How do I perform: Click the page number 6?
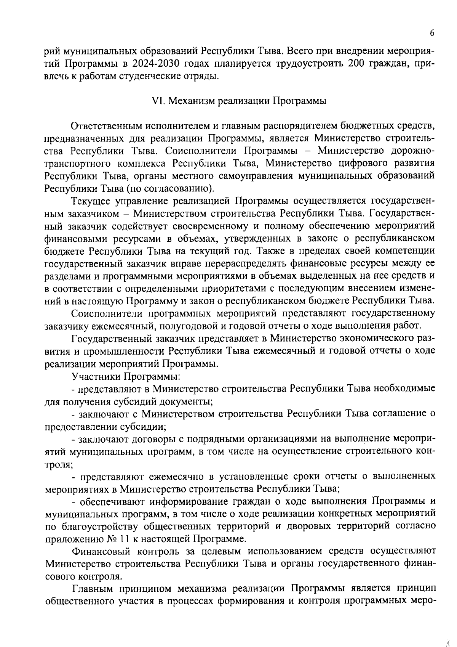pyautogui.click(x=432, y=33)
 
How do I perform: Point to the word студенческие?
pyautogui.click(x=147, y=76)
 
